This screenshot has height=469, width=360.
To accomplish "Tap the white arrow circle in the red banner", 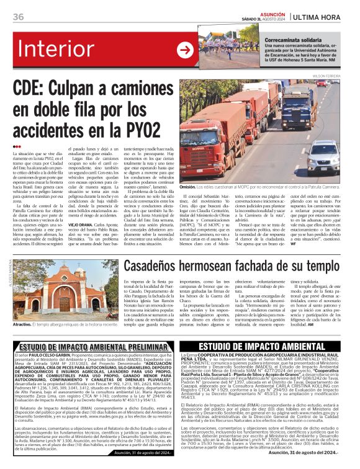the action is pyautogui.click(x=184, y=50).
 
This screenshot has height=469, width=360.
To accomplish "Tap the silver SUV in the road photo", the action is pyautogui.click(x=323, y=153).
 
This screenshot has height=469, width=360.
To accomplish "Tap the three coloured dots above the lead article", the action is pyautogui.click(x=17, y=146).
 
